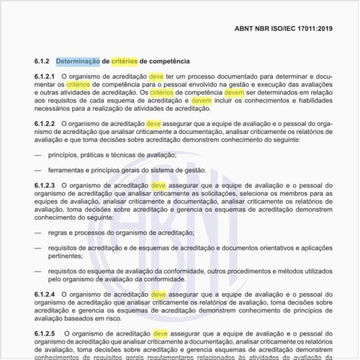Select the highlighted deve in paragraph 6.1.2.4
(158, 295)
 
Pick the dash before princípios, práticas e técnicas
(37, 156)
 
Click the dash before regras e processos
(37, 233)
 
